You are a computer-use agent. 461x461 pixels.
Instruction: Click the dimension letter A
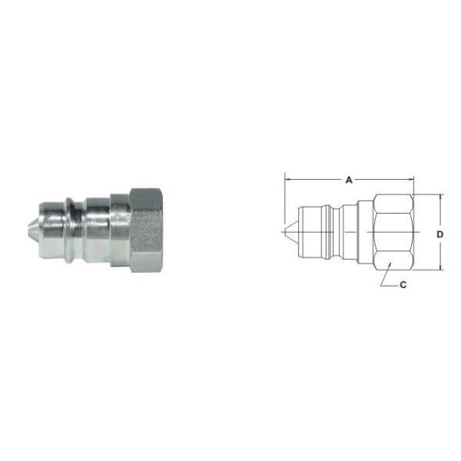click(348, 180)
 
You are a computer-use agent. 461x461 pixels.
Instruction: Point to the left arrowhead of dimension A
click(288, 181)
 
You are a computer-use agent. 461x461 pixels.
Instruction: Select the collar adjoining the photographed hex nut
click(119, 229)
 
